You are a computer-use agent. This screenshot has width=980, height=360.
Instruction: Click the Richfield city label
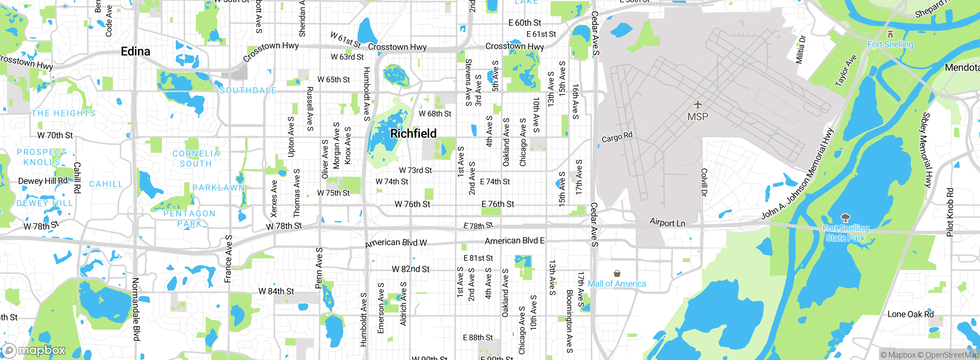click(413, 134)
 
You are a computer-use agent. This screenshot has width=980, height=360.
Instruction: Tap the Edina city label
click(136, 51)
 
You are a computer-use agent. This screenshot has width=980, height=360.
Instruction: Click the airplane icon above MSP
click(698, 104)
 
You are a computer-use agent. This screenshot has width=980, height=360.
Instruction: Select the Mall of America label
click(617, 284)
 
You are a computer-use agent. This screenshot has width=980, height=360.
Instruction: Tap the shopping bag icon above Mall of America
click(617, 273)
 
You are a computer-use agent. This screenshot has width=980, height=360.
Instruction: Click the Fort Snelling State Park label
click(846, 233)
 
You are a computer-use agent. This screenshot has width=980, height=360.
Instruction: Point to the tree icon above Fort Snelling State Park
click(846, 218)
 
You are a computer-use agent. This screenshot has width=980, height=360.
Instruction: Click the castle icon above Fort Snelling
click(890, 34)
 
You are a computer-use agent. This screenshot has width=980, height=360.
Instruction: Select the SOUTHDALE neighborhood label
click(248, 91)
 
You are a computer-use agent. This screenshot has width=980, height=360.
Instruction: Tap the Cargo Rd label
click(617, 137)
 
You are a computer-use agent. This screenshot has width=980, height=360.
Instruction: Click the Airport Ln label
click(667, 223)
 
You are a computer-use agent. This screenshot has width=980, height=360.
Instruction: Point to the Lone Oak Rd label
click(910, 314)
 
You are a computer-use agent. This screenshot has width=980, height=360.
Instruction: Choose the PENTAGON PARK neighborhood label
click(189, 219)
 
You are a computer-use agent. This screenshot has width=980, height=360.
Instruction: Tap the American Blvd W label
click(396, 243)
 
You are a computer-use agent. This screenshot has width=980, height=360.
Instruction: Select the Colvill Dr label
click(704, 182)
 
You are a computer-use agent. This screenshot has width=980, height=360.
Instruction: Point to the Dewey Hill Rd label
click(42, 181)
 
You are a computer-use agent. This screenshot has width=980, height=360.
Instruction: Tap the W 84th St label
click(276, 291)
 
